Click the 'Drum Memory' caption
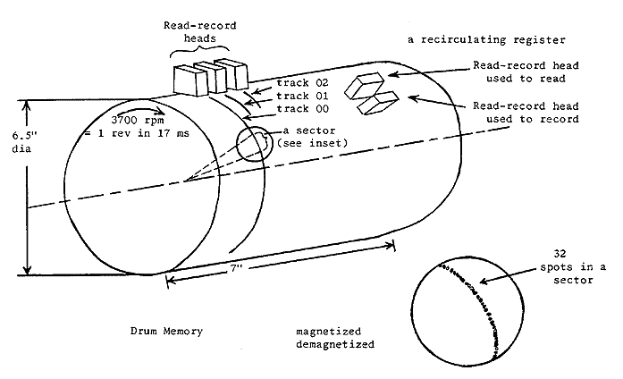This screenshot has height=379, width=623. (166, 332)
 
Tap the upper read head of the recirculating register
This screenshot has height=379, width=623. (366, 86)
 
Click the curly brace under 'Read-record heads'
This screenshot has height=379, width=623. (204, 54)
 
